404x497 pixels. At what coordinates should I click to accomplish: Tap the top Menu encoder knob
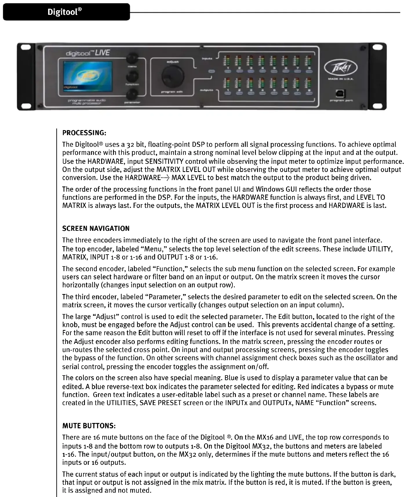tap(132, 58)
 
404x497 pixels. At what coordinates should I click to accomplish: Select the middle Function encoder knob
tap(132, 76)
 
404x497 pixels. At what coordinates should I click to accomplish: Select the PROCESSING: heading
tap(84, 133)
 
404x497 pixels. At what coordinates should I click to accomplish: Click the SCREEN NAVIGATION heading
tap(96, 228)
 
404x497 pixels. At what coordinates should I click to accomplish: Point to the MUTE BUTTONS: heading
tap(89, 426)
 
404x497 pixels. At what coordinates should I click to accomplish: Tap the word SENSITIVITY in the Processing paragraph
tap(164, 161)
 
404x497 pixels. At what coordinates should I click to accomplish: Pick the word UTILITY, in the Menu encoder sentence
tap(380, 249)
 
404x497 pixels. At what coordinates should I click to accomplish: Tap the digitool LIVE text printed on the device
tap(88, 53)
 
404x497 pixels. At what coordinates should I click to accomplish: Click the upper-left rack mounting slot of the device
tap(27, 47)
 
